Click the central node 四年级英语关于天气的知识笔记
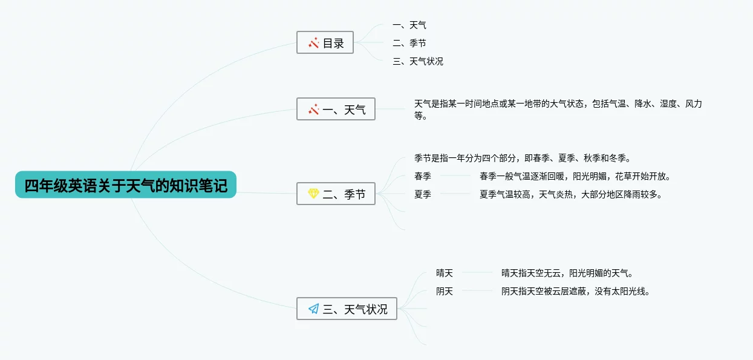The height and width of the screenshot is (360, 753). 126,185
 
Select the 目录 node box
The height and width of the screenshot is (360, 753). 325,43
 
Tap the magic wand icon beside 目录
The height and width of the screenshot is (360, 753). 313,43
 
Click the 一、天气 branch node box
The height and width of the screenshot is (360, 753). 336,110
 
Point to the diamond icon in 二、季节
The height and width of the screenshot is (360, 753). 313,194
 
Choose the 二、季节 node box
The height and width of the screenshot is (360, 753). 336,194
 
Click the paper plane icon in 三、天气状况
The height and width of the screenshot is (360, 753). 313,309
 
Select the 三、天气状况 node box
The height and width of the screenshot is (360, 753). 347,309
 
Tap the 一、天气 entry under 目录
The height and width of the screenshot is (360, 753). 409,25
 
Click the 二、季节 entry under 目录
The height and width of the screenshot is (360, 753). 409,44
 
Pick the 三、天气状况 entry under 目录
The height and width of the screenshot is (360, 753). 418,62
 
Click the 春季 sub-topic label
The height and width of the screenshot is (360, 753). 423,177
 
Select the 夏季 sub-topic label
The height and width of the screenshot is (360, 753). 423,195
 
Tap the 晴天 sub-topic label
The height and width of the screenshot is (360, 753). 445,273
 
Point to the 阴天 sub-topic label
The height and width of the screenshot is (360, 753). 445,292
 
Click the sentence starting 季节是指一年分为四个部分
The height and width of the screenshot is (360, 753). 523,159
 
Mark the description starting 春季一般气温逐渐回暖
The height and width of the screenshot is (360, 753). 575,177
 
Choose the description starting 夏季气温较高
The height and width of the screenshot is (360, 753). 571,195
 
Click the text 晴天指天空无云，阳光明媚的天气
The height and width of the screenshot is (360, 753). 567,273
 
